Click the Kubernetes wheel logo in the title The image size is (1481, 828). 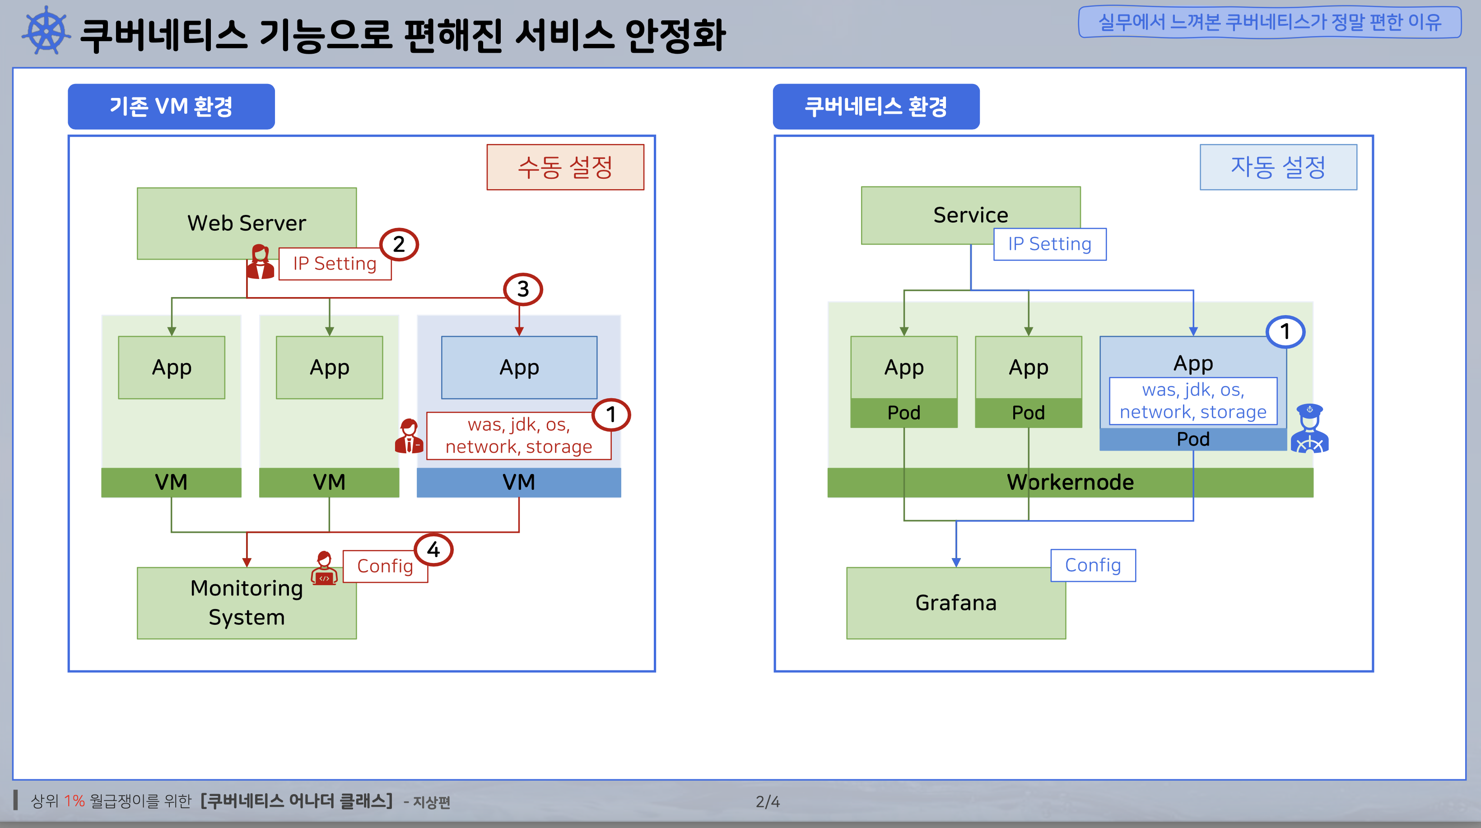tap(46, 31)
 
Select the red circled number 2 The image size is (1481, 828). tap(399, 244)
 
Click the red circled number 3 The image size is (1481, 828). tap(522, 288)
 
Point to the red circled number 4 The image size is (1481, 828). tap(433, 550)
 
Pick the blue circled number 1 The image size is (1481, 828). tap(1285, 332)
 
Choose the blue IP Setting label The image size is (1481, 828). tap(1049, 244)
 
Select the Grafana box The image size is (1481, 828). tap(955, 603)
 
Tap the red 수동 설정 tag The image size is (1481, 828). tap(565, 167)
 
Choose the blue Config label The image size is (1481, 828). tap(1093, 565)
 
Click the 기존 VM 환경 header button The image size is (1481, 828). tap(171, 107)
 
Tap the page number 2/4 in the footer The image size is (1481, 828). tap(768, 801)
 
